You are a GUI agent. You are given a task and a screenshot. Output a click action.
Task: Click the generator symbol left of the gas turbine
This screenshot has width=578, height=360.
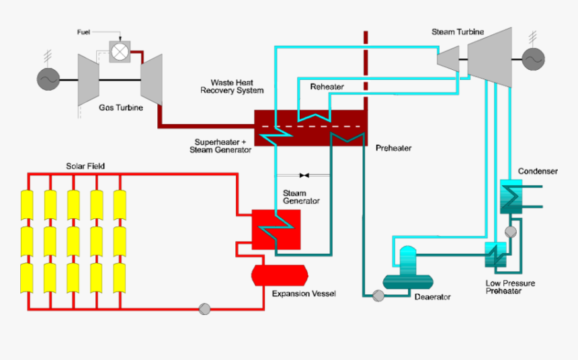coord(48,80)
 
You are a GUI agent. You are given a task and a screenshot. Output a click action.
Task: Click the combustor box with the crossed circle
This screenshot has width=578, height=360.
coord(120,51)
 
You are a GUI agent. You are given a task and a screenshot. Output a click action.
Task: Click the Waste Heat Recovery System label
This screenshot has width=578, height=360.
coord(232,86)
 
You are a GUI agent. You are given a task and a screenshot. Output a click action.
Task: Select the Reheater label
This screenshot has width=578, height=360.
coord(327,87)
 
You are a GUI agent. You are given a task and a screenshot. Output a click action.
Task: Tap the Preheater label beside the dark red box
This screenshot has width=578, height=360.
coord(393,148)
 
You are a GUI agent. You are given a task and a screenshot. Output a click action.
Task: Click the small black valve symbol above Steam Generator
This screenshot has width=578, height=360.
coord(304,175)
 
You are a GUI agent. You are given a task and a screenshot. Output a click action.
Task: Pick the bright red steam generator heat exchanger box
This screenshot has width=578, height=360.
coord(276,229)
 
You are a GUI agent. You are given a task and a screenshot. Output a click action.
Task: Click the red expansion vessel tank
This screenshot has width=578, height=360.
coord(279,274)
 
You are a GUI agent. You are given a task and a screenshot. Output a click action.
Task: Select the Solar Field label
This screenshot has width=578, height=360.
coord(85,166)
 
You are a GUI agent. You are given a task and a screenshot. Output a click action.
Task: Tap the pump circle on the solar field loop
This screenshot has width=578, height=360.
coord(205,309)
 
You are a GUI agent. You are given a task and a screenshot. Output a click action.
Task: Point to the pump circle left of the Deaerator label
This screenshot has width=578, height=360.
coord(378,296)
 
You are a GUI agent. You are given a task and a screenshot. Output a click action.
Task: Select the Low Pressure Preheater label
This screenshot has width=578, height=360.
coord(510,287)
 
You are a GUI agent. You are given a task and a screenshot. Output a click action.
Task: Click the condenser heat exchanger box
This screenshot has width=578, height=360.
coord(511,197)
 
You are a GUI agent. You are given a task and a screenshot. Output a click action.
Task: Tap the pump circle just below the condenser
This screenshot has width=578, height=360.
coord(510,232)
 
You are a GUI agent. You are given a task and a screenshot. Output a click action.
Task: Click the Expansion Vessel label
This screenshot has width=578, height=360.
coord(303,294)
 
